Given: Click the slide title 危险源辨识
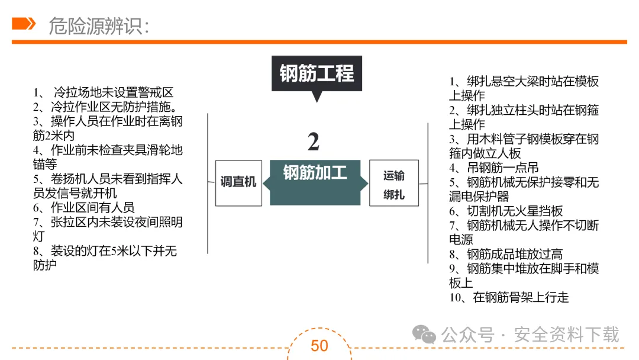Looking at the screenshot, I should click(x=98, y=25).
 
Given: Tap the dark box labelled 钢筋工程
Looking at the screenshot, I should click(x=317, y=74).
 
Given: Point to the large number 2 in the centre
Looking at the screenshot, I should click(x=314, y=142).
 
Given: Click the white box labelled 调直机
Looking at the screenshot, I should click(x=238, y=182).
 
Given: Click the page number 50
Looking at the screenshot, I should click(x=319, y=345).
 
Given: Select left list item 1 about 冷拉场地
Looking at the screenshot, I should click(x=104, y=92).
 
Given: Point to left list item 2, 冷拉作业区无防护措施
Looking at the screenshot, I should click(x=106, y=107).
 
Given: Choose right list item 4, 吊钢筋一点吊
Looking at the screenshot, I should click(x=494, y=168).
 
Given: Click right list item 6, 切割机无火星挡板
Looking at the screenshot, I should click(x=506, y=211).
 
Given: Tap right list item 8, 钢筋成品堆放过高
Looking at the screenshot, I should click(x=506, y=255).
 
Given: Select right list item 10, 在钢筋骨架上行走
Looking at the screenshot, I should click(x=509, y=298).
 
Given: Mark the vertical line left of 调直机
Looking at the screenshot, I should click(x=208, y=184).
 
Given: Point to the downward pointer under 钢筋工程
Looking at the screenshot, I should click(x=317, y=97).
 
